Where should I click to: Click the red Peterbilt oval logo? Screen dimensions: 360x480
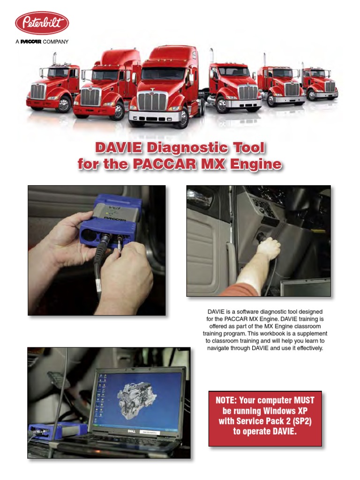[42, 23]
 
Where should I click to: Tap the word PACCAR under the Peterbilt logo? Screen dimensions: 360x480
[30, 42]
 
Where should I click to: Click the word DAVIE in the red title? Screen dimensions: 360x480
[119, 148]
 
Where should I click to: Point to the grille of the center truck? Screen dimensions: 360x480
[152, 101]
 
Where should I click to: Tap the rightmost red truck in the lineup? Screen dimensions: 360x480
[320, 82]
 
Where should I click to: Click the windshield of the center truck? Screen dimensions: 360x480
[163, 74]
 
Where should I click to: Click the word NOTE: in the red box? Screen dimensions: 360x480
[226, 400]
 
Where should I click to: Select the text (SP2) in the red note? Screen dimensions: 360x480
[302, 421]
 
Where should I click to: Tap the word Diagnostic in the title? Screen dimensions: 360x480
[187, 148]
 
